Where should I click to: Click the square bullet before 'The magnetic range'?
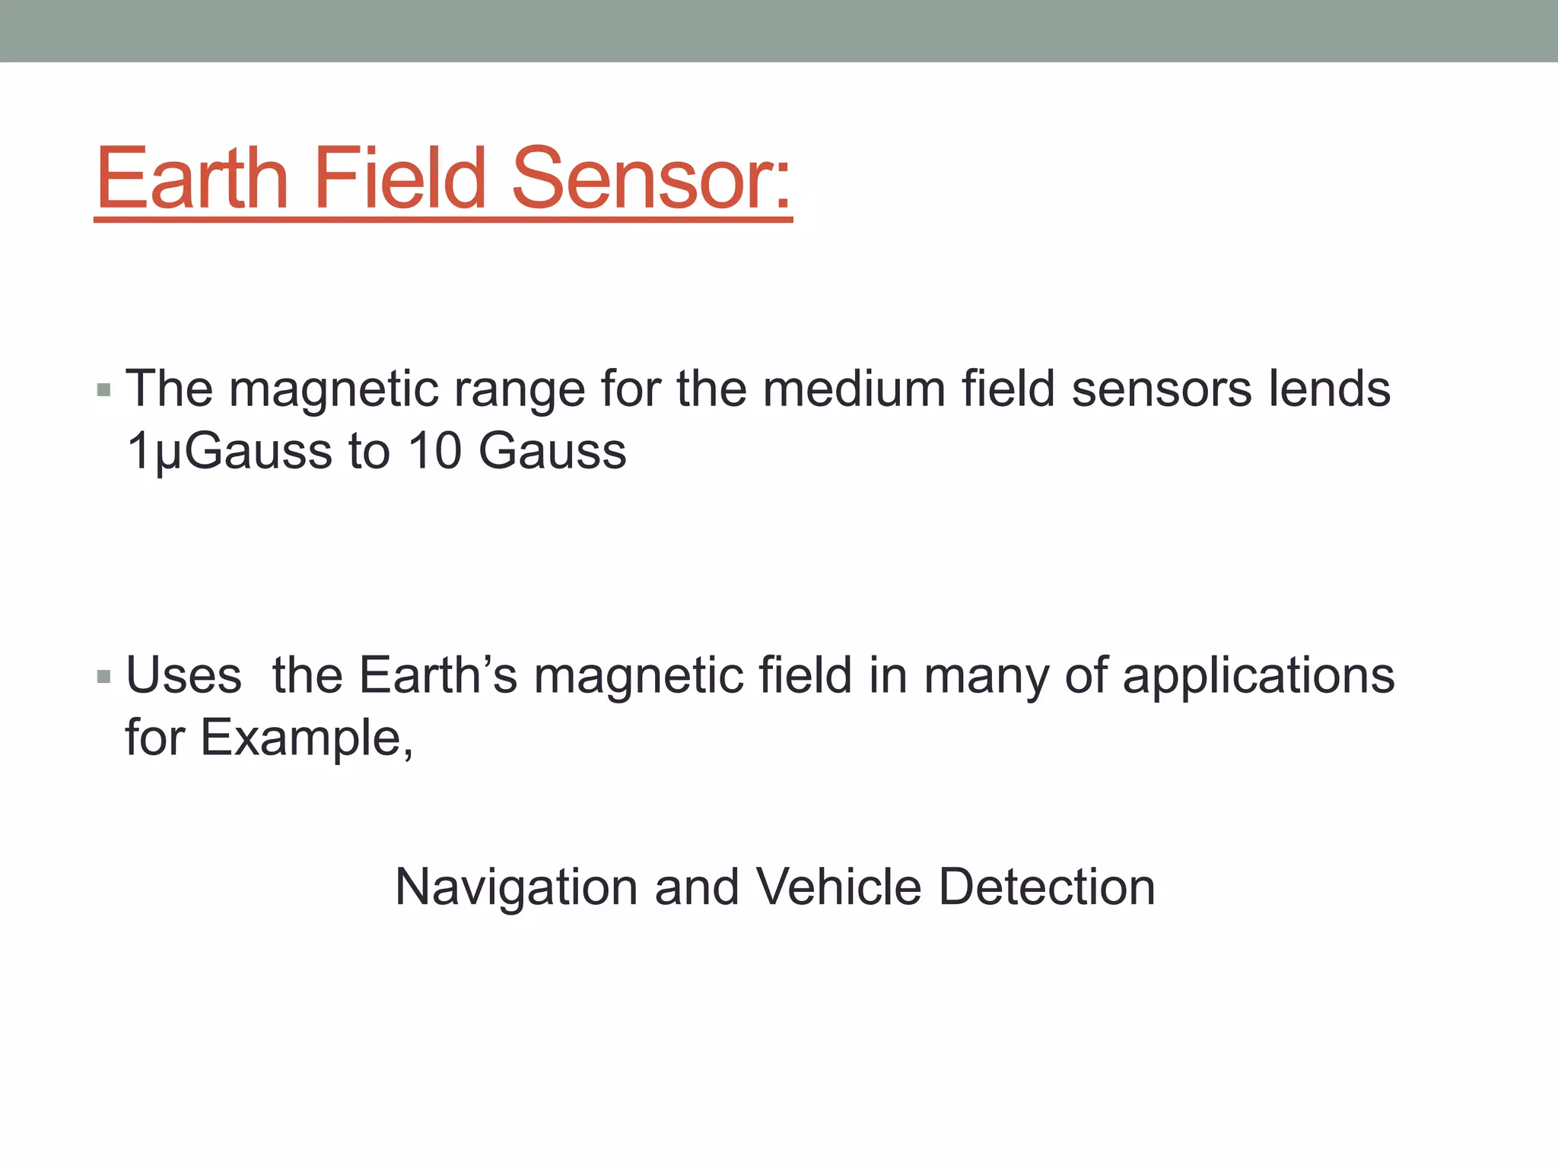coord(104,391)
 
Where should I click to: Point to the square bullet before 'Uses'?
coord(104,677)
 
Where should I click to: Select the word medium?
coord(853,389)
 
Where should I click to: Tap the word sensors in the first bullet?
coord(1161,389)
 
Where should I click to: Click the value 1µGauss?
coord(228,452)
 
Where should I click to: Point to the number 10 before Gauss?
coord(434,450)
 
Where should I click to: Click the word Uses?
coord(183,675)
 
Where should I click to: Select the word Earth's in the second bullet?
coord(438,675)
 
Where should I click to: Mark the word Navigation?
coord(517,887)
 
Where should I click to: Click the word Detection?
coord(1047,887)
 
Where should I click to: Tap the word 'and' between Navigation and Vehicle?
coord(697,887)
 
